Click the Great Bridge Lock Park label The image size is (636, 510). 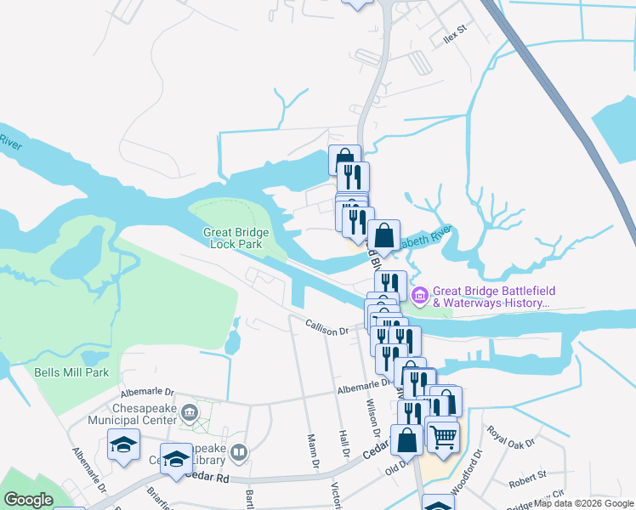[x=236, y=239]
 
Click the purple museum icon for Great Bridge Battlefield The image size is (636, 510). [x=419, y=295]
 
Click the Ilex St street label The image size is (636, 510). [x=456, y=33]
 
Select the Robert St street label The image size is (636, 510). [x=526, y=483]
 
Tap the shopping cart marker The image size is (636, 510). [x=442, y=437]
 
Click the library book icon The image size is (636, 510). [x=239, y=452]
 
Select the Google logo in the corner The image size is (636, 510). [x=28, y=499]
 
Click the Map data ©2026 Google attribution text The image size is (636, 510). [x=583, y=503]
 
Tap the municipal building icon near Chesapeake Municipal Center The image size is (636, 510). [x=189, y=413]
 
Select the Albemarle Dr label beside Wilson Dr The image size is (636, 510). [x=363, y=388]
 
